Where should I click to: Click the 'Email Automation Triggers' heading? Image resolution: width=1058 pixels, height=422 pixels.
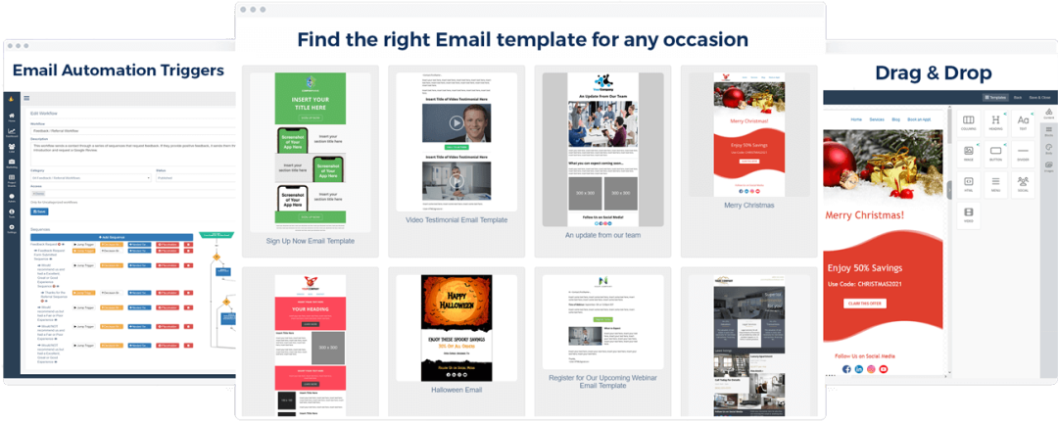pos(118,70)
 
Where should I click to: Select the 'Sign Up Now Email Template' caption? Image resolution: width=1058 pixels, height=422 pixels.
pos(310,240)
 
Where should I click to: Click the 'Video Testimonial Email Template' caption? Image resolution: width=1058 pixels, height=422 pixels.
pos(457,220)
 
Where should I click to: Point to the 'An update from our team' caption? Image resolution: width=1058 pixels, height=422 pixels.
pos(602,235)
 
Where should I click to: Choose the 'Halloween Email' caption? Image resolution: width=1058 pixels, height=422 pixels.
pos(457,390)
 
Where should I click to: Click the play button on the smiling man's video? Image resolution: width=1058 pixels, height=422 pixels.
pos(457,123)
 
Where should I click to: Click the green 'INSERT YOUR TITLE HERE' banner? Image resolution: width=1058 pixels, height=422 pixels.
pos(310,105)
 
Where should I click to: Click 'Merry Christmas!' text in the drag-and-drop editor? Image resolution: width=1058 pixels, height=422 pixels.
pos(865,215)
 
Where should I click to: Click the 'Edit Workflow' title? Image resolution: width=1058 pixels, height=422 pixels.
pos(43,114)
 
